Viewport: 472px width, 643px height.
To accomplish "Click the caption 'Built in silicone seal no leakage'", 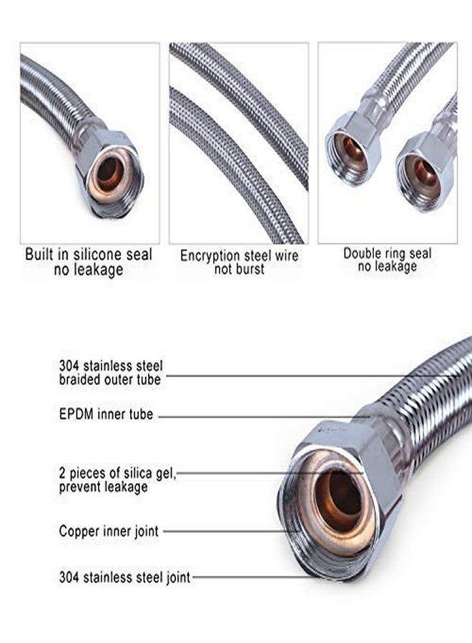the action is [x=89, y=261].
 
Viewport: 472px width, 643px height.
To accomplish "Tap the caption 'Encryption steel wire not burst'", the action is [x=240, y=262].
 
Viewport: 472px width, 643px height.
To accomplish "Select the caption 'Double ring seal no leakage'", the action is [x=388, y=259].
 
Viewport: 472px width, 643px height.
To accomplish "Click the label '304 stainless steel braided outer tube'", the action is [x=110, y=372].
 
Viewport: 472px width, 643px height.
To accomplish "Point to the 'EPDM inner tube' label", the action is [x=106, y=414].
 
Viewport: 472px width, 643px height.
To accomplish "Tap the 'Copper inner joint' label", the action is [x=109, y=531].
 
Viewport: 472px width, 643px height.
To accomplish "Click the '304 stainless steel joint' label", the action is [x=124, y=577].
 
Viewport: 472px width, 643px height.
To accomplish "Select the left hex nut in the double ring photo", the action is [x=352, y=149].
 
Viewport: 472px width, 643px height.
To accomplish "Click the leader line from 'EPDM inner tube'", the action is [x=263, y=417].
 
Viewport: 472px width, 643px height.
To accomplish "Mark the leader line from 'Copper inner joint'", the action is [x=232, y=532].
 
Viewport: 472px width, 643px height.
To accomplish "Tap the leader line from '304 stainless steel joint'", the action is [x=251, y=577].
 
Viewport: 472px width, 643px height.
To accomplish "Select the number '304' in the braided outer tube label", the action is [x=69, y=365].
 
